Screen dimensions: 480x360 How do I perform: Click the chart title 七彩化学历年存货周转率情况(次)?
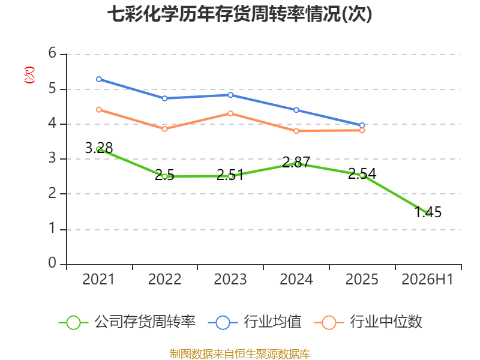239,14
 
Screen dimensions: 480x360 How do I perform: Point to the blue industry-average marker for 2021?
99,79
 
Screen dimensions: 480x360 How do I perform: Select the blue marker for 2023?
230,95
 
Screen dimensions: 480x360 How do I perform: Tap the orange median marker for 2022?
164,129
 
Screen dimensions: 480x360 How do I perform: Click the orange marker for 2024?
296,131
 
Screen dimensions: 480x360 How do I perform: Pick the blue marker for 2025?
362,125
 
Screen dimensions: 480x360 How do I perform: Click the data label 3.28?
99,148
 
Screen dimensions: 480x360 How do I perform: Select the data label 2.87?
296,162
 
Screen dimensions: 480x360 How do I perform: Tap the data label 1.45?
428,212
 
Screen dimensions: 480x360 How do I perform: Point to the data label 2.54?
362,173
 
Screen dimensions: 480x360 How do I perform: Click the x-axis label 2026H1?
427,280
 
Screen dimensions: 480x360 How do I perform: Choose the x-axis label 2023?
230,280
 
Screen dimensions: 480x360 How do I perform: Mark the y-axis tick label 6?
52,53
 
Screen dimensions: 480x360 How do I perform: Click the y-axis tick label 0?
52,263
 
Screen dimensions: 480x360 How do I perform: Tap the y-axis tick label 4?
52,124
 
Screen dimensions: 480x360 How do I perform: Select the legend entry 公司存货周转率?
127,322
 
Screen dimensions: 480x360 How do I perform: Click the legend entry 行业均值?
254,322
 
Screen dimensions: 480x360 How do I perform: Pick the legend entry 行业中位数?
368,322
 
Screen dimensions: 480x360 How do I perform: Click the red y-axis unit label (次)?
29,75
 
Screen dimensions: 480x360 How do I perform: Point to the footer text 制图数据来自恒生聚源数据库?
240,354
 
